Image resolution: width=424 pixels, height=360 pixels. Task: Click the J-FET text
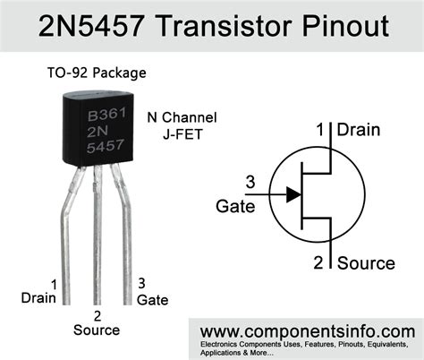[x=185, y=135]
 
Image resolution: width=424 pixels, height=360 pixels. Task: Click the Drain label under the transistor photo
[x=38, y=296]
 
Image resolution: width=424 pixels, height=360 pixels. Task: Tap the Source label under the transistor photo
[x=98, y=330]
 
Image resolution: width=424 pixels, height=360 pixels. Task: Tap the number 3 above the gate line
[x=250, y=184]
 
